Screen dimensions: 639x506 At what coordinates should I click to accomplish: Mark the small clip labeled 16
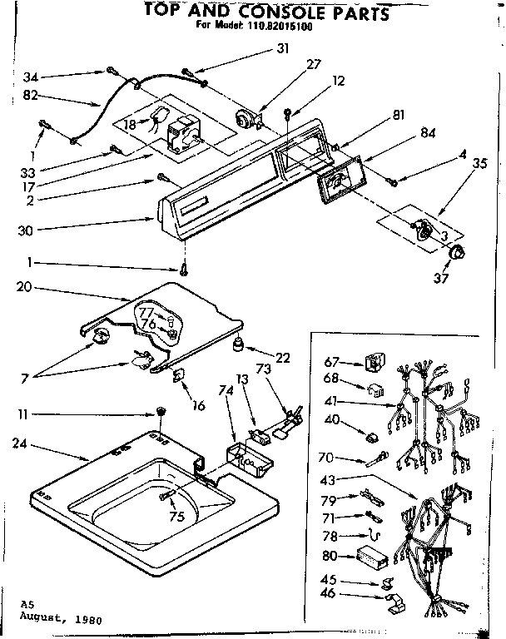pos(178,376)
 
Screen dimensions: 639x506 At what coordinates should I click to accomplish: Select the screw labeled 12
pos(287,110)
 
